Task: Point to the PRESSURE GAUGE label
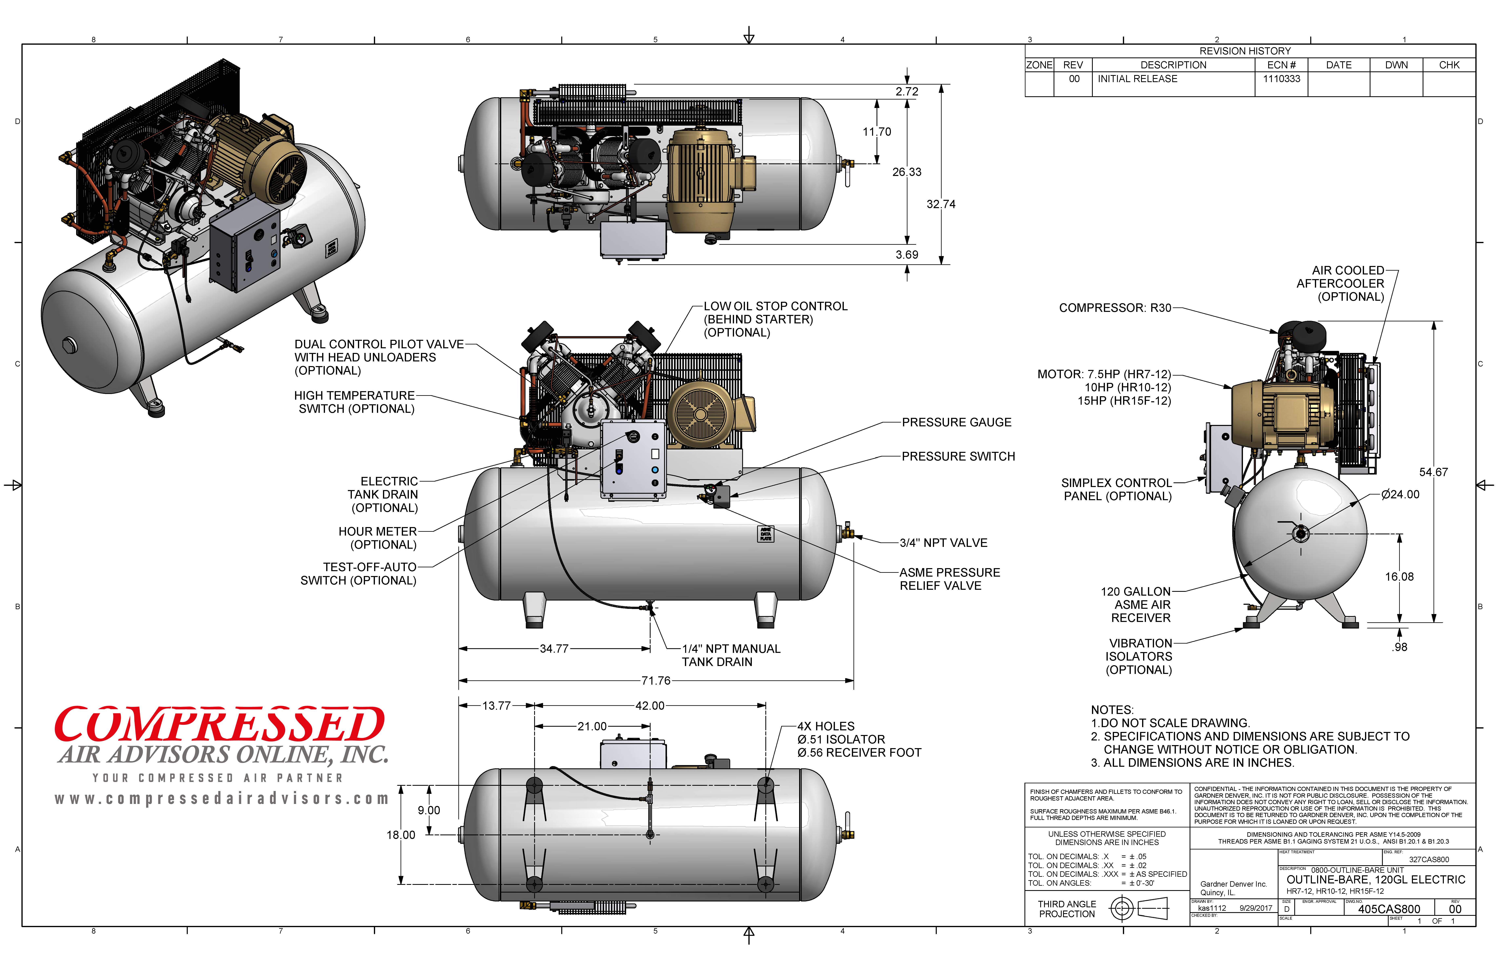pos(956,423)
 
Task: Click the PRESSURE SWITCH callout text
pos(958,457)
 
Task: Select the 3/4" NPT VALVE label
pos(943,543)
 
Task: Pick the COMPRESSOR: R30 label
pos(1115,308)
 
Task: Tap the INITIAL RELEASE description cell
pos(1137,79)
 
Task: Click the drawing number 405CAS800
pos(1388,909)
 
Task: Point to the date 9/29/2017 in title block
pos(1256,908)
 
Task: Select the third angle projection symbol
pos(1138,908)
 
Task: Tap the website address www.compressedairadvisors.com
pos(222,799)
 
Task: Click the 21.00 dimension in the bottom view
pos(592,727)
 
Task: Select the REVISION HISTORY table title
pos(1244,51)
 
